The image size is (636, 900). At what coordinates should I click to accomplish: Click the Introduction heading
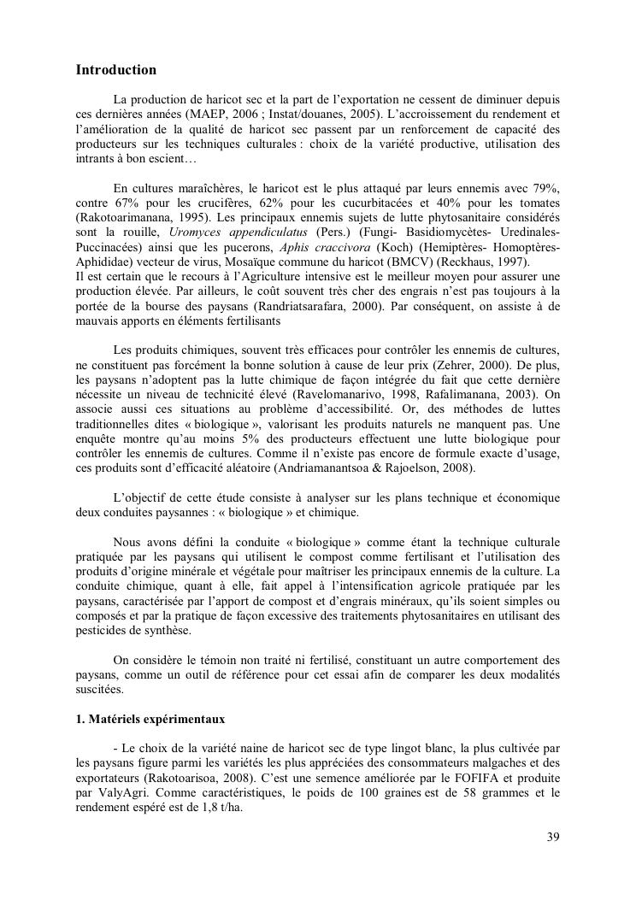click(x=116, y=69)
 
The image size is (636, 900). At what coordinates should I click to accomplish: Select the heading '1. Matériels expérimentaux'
click(x=150, y=719)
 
